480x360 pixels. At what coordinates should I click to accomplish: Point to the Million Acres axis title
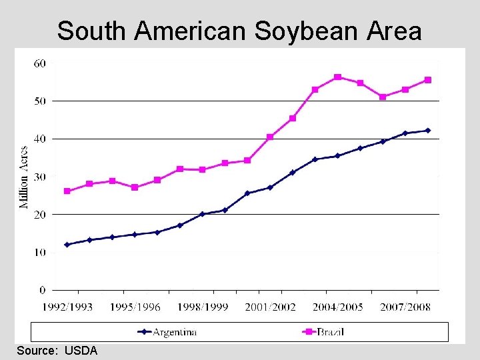(24, 177)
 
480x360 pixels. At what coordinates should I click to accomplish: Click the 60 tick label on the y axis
(39, 63)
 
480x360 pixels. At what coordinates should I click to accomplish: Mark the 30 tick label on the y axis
(39, 177)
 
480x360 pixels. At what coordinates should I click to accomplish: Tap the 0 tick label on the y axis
(42, 290)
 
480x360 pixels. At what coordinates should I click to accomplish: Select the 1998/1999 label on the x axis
(203, 307)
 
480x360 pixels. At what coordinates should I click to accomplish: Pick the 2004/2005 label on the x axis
(337, 307)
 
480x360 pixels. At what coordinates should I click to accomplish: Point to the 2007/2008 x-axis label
(405, 307)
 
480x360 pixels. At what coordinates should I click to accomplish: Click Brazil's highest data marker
(337, 77)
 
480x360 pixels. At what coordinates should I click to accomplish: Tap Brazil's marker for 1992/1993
(67, 191)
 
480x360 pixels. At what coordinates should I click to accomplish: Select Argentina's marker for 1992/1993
(67, 245)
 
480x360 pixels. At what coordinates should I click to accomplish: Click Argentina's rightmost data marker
(427, 131)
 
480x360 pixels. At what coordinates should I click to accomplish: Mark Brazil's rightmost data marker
(427, 80)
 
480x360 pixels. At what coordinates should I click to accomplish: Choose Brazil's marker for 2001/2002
(270, 137)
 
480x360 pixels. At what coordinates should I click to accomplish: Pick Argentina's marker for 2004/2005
(337, 156)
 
